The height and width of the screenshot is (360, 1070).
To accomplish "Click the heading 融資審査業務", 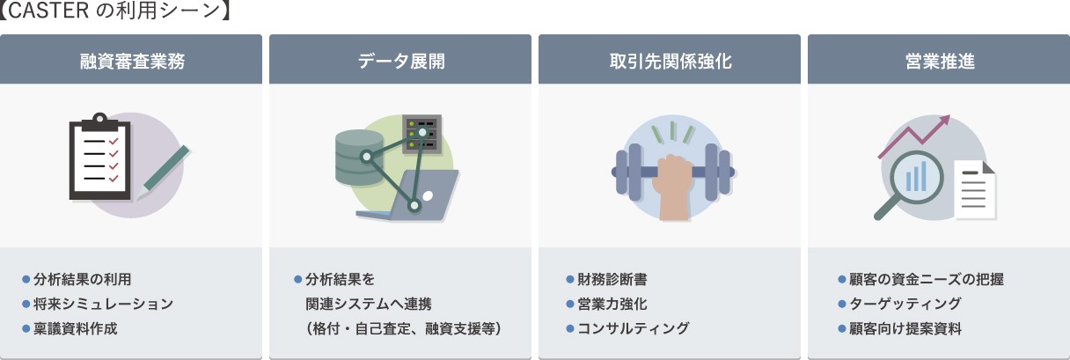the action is (132, 62).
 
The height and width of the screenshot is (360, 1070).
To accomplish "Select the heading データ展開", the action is (401, 62).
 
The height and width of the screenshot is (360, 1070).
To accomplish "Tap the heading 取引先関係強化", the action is (671, 62).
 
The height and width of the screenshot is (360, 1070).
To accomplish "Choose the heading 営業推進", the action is (940, 62).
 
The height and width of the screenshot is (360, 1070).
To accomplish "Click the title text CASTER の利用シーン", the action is (114, 11).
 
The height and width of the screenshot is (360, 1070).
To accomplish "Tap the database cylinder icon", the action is (359, 158).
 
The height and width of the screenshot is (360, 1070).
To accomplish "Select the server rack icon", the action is (421, 134).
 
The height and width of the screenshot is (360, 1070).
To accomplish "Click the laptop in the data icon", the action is (407, 195).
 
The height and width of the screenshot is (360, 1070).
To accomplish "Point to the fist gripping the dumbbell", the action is (675, 187).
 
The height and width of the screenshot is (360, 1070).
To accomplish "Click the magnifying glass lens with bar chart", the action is (917, 178).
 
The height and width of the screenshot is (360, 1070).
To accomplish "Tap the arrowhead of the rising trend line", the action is (943, 121).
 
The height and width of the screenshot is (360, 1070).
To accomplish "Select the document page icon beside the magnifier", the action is (975, 190).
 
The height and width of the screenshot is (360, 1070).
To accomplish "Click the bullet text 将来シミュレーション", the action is (103, 304).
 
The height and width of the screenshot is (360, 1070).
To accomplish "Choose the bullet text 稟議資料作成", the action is (76, 329).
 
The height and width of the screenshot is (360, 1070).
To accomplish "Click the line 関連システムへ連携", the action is (369, 304).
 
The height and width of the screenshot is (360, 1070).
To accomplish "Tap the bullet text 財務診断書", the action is (612, 279).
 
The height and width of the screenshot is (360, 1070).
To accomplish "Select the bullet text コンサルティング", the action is (633, 328).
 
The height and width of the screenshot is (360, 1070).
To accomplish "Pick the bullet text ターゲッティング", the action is (905, 304).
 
